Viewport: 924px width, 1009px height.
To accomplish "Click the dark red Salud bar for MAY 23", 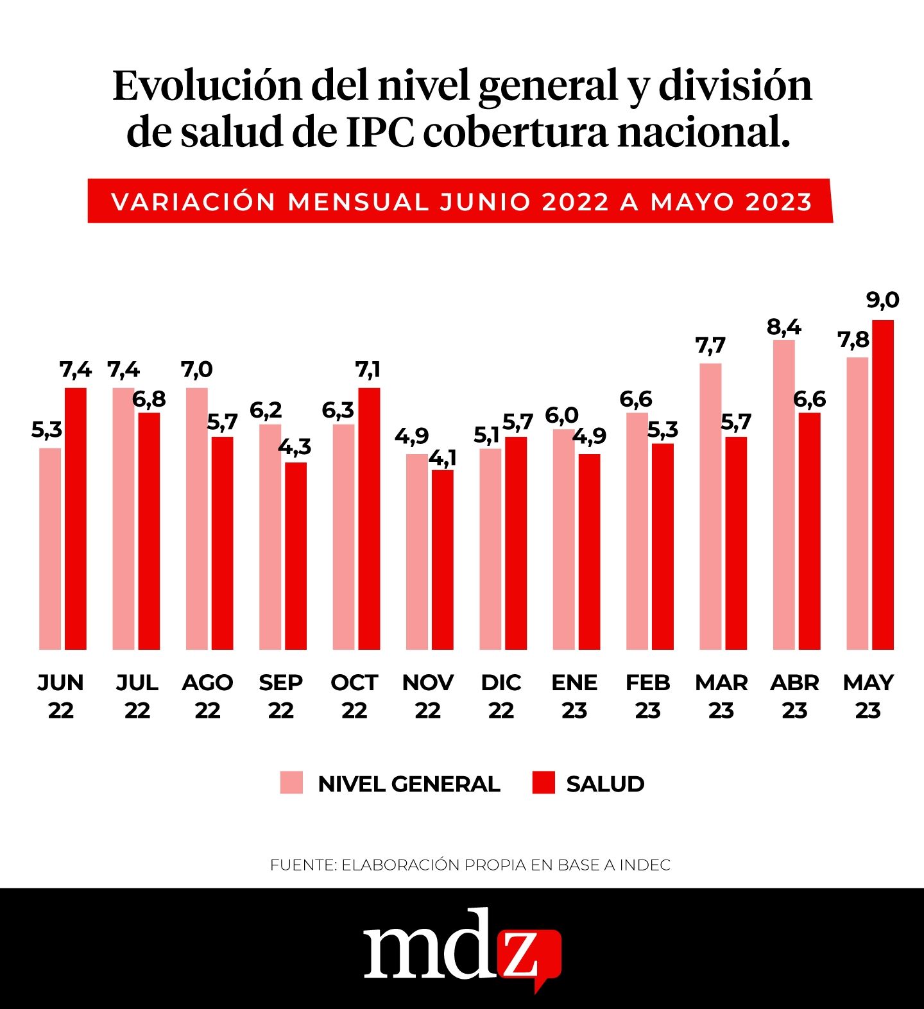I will (x=883, y=485).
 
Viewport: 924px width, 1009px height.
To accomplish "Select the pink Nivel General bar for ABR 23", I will (x=783, y=495).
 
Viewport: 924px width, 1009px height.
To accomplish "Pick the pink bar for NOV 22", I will (x=416, y=552).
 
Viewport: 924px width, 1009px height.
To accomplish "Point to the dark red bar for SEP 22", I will (x=296, y=555).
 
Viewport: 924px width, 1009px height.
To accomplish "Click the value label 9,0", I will (x=883, y=300).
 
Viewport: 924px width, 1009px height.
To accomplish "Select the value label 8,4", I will (x=783, y=327).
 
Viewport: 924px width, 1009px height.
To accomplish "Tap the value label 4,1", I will (x=443, y=458).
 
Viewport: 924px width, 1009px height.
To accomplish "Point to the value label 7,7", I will (x=710, y=346).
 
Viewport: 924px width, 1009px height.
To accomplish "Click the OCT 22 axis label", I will (x=354, y=696).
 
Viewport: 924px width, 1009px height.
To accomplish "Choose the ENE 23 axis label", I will (x=574, y=696).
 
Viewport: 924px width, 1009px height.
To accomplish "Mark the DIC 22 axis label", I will (x=501, y=696).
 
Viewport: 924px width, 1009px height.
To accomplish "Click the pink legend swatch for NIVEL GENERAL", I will (x=291, y=783).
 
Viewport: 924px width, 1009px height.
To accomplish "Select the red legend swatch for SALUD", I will (x=543, y=783).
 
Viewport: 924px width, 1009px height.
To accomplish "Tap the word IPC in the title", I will (x=380, y=133).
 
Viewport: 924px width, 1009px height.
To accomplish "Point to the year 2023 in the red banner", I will (x=779, y=202).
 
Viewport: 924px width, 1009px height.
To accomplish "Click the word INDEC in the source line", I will (x=645, y=865).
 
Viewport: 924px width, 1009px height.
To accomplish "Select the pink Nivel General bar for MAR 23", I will (x=710, y=507).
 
